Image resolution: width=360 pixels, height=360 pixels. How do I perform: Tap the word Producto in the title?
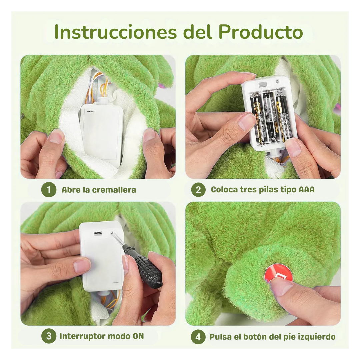(261, 32)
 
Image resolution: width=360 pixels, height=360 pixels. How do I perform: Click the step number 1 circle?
(49, 190)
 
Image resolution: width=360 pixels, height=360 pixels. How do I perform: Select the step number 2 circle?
(198, 190)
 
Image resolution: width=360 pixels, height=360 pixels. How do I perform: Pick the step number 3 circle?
(49, 336)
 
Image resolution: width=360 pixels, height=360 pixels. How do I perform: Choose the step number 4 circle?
(198, 337)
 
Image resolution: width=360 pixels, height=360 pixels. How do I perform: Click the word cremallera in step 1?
(114, 190)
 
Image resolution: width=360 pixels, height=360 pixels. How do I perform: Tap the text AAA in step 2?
(307, 190)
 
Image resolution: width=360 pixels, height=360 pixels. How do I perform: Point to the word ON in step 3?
(138, 336)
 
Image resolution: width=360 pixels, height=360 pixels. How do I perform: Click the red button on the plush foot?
(278, 275)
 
